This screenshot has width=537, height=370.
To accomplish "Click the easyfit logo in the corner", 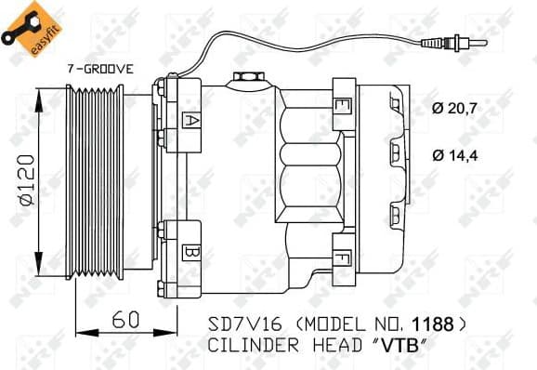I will point(23,25).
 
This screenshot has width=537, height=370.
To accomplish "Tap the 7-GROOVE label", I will point(99,69).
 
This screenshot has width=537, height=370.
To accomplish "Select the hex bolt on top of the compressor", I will point(245,79).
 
